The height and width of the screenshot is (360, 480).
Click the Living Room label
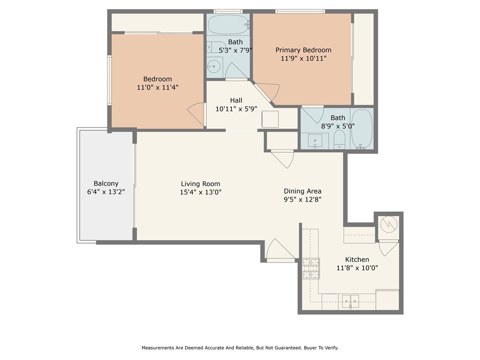coord(201,184)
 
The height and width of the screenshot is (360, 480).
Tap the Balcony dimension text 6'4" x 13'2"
coord(106,192)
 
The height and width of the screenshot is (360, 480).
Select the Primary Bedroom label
coord(303,50)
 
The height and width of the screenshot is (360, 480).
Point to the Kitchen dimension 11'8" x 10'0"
coord(357,268)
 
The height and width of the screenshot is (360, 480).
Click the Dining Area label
coord(302,191)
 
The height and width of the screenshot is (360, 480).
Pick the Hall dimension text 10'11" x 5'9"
coord(236,109)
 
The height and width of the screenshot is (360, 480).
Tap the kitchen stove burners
coord(311,269)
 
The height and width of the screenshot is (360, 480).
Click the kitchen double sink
coord(351,301)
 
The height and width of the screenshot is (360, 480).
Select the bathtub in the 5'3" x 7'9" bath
coord(229,24)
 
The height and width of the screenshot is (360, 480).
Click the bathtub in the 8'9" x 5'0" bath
coord(361,129)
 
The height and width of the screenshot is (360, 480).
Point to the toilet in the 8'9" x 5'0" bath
coord(339,139)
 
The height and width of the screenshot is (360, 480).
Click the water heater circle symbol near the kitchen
coord(389,225)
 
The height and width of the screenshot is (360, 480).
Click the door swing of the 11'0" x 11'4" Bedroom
coord(196,115)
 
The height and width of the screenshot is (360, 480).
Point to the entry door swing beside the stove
coord(281,249)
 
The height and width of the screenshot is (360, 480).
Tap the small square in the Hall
coord(270,119)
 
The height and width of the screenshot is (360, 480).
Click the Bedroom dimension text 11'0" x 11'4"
coord(157,87)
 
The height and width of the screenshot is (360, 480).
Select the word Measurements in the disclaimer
coord(157,348)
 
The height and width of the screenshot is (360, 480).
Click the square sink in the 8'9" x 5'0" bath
coord(315,141)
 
